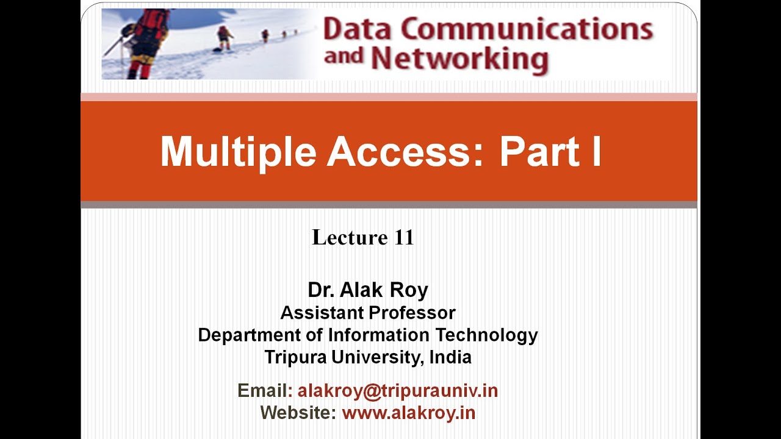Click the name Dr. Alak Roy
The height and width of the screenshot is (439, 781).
[x=368, y=290]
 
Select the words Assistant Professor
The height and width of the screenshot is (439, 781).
[x=368, y=313]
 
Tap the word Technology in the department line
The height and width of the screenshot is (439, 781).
[x=486, y=335]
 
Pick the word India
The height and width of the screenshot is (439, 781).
[x=450, y=357]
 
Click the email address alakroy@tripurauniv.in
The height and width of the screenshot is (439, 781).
[x=398, y=391]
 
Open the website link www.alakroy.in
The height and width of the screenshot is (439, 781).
[x=408, y=413]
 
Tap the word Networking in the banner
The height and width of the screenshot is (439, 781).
[x=459, y=59]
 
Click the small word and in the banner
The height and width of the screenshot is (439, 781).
[x=344, y=57]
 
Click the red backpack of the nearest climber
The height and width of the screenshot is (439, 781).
[x=152, y=24]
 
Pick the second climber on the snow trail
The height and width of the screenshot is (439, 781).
[x=225, y=37]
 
